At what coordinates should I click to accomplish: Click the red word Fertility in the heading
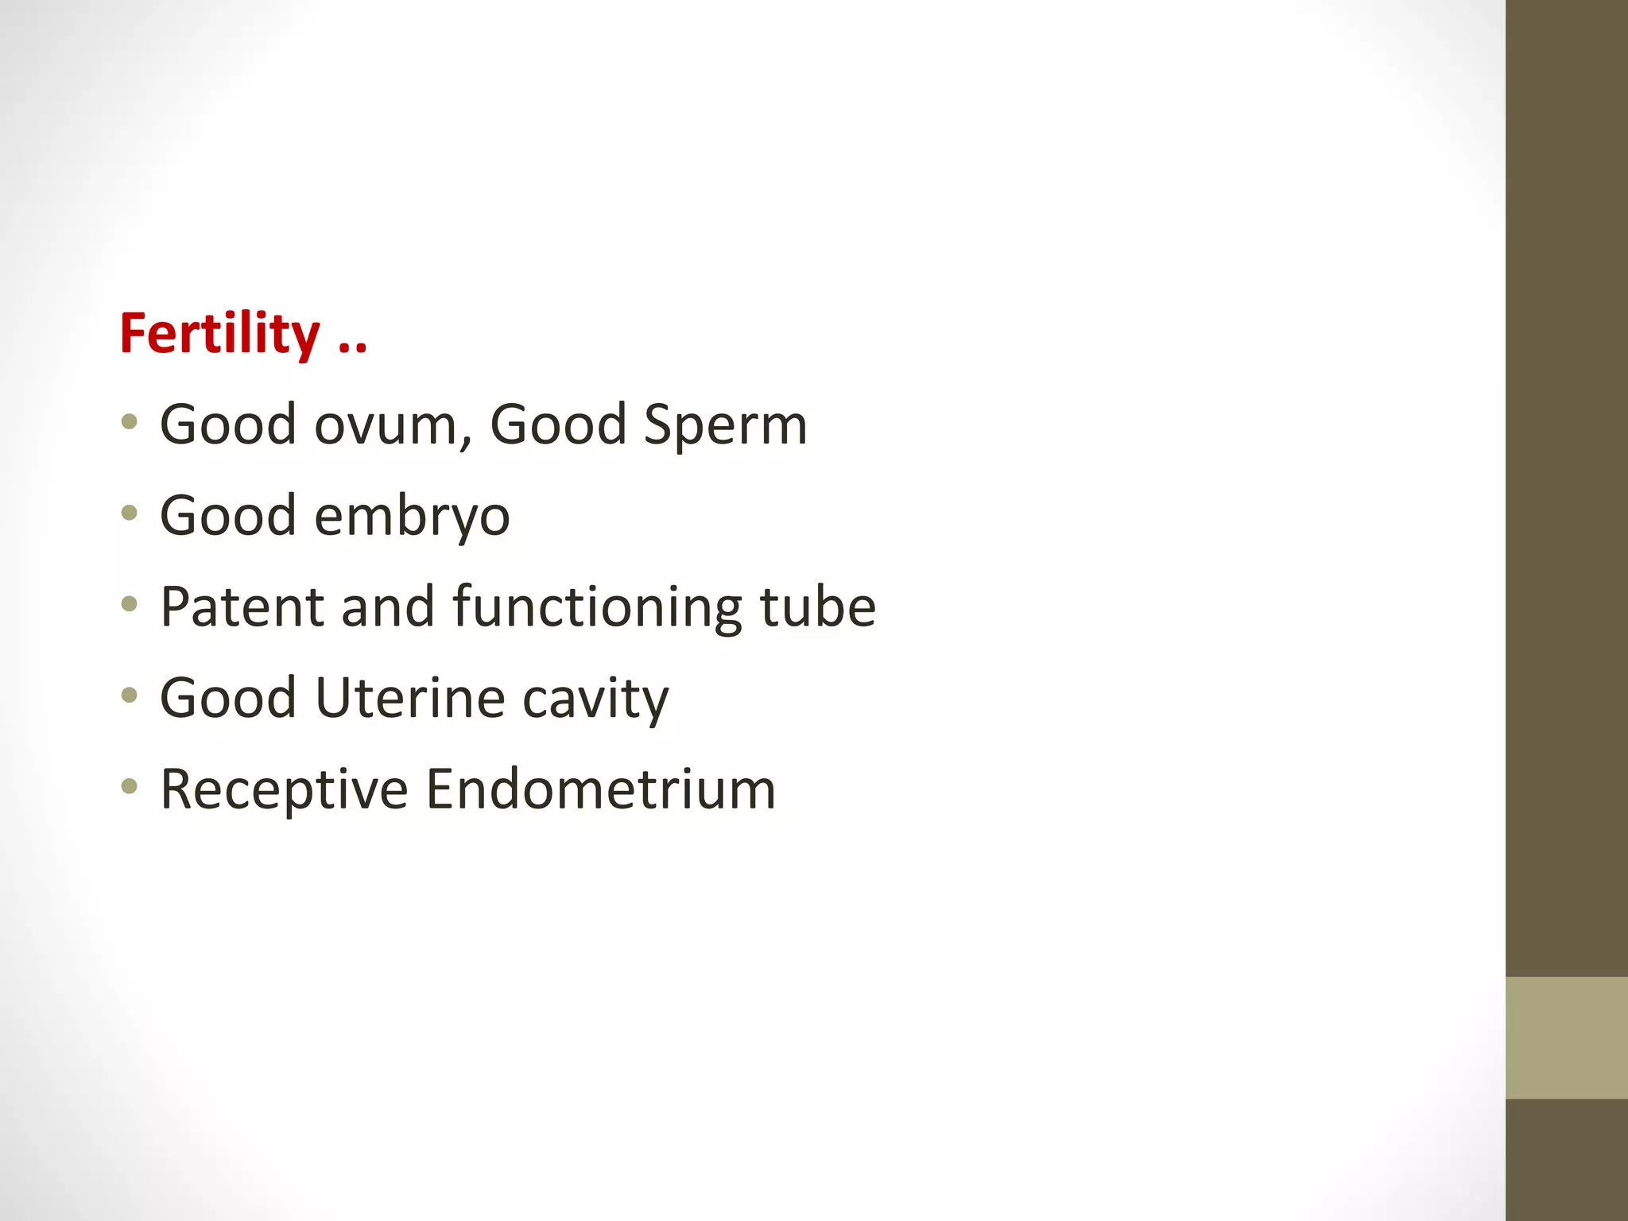coord(219,333)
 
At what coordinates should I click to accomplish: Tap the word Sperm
coord(725,424)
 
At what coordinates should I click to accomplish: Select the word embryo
coord(412,516)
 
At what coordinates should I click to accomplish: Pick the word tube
coord(817,607)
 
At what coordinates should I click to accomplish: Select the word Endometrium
coord(600,789)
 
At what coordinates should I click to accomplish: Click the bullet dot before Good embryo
coord(130,513)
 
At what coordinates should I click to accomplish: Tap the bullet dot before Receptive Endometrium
coord(130,786)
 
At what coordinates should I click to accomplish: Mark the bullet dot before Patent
coord(130,604)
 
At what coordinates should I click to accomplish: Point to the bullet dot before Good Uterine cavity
coord(130,696)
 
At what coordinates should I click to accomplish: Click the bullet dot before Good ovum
coord(130,421)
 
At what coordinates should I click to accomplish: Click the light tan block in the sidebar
coord(1566,1037)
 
